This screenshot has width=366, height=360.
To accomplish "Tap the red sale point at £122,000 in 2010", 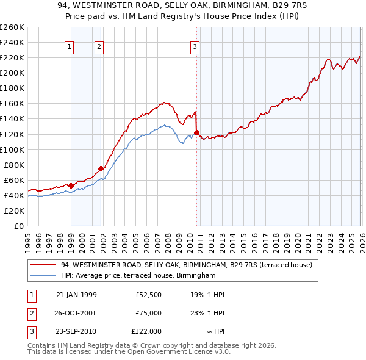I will pyautogui.click(x=196, y=132).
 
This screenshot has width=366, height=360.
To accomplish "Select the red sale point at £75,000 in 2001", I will pyautogui.click(x=101, y=168).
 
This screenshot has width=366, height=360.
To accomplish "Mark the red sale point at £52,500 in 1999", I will pyautogui.click(x=71, y=185).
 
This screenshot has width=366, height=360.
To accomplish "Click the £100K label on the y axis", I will pyautogui.click(x=12, y=149).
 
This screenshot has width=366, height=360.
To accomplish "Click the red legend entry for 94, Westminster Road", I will pyautogui.click(x=186, y=265).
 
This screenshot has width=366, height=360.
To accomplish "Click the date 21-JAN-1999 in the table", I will pyautogui.click(x=76, y=295).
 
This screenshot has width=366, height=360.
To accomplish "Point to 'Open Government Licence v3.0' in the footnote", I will pyautogui.click(x=181, y=352).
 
